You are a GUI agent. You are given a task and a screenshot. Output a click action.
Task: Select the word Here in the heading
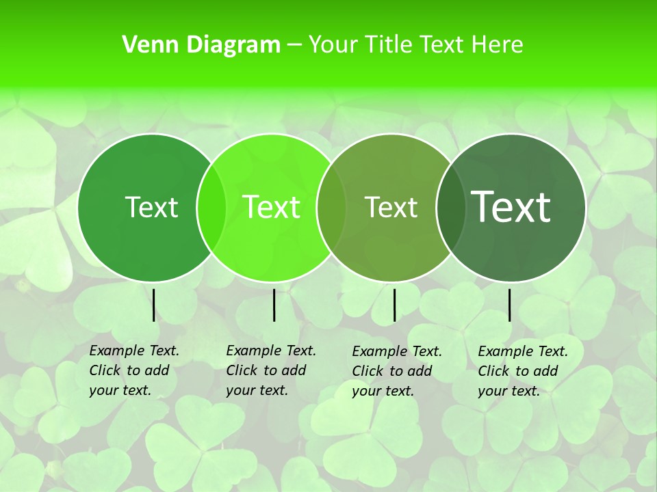pos(498,45)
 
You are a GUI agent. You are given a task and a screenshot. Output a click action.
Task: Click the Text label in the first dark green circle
pos(151,207)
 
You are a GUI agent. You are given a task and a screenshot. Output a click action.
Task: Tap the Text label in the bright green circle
pos(272,207)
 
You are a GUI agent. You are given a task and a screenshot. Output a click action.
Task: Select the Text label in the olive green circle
pos(391,207)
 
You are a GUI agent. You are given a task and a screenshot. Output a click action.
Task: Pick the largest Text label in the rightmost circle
pos(511,206)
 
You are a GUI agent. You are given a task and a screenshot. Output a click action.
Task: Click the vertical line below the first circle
pos(153,305)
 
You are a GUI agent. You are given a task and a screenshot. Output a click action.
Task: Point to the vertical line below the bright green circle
pos(274,305)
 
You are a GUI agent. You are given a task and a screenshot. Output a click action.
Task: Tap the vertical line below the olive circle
pos(394,305)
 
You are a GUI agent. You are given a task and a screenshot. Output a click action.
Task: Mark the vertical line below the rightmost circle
pos(510,305)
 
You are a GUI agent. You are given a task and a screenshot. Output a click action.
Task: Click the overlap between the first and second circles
pos(211,207)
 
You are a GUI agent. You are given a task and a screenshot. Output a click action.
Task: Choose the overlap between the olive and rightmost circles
pos(450,207)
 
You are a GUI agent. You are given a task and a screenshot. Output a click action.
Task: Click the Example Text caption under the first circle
pos(134,370)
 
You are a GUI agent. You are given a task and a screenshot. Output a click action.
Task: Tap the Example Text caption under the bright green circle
pos(271,370)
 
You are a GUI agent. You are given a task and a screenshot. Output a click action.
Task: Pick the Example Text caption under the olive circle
pos(397,371)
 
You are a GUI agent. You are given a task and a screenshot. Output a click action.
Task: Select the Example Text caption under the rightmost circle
pos(523,371)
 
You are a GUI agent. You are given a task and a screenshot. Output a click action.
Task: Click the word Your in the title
pos(333,45)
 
